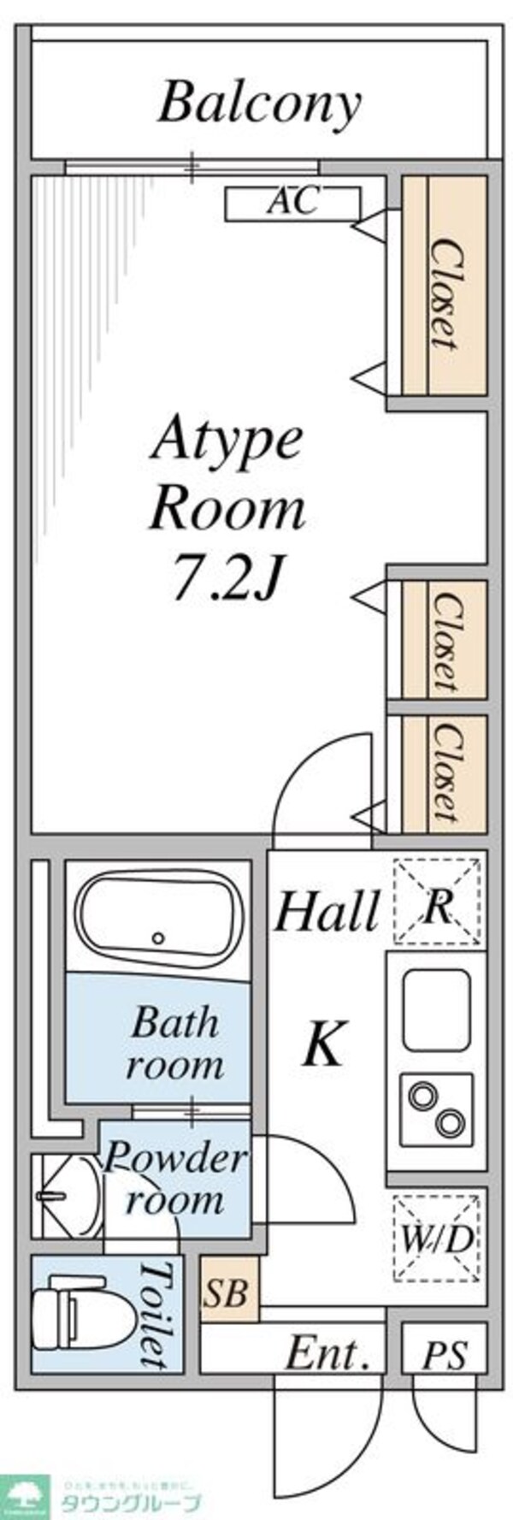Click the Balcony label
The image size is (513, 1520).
259,104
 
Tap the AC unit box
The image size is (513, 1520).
292,203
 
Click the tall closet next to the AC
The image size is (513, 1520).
444,286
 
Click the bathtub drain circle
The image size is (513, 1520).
157,937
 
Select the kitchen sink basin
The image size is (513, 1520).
436,1009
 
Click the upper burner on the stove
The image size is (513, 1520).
422,1094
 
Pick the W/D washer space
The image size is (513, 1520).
436,1238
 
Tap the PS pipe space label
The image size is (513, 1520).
445,1356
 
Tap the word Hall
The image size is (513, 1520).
326,911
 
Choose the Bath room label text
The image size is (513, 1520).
175,1044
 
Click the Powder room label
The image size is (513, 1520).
175,1179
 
